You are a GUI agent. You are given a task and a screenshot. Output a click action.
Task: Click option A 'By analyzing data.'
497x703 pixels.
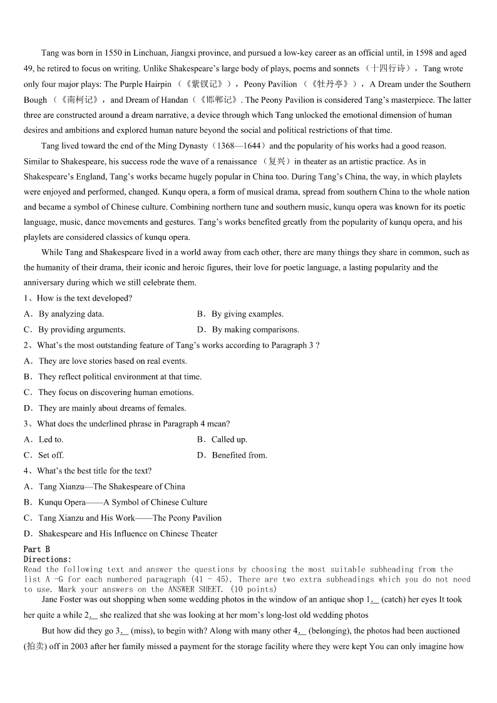[x=71, y=314]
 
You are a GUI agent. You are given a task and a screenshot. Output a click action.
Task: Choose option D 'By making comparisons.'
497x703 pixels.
[x=255, y=330]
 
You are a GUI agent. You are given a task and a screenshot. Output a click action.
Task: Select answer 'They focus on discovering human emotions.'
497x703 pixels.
[x=116, y=393]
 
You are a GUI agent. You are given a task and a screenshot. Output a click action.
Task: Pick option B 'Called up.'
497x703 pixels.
[x=229, y=439]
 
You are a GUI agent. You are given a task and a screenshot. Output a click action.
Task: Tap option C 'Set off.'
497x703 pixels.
[x=51, y=455]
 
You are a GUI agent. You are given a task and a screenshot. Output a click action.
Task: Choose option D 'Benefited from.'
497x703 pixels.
[x=239, y=455]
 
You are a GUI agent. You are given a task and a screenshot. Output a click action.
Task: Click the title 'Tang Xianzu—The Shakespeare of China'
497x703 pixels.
[x=111, y=486]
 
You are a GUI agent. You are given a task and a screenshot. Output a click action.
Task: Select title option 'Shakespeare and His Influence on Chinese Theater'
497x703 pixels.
[x=128, y=533]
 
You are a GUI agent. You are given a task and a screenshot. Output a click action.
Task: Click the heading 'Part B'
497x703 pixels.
[x=37, y=550]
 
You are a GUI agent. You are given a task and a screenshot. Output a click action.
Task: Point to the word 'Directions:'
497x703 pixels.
[x=48, y=559]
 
